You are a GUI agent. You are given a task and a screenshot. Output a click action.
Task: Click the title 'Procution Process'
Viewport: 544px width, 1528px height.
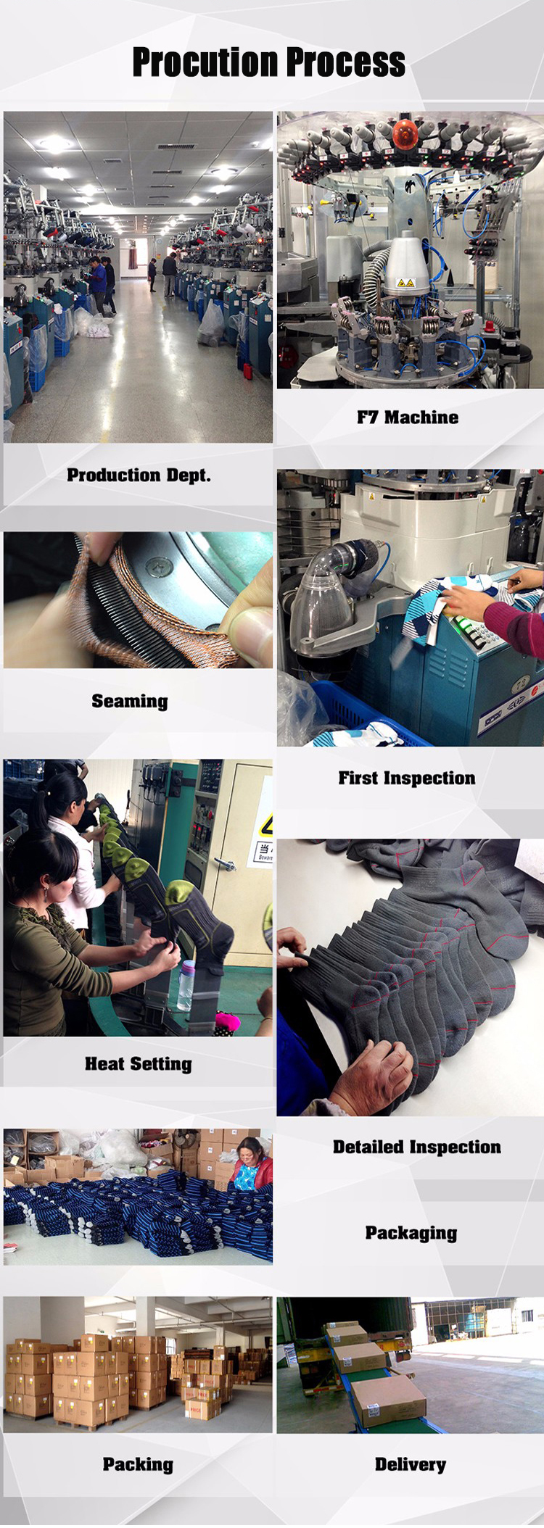click(x=268, y=62)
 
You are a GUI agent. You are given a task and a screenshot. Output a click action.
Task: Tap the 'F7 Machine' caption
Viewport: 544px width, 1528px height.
click(x=408, y=417)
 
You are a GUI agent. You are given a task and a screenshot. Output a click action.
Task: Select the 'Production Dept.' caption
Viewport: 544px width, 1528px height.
click(x=139, y=475)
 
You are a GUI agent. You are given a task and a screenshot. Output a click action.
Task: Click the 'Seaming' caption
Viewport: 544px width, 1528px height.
click(x=130, y=701)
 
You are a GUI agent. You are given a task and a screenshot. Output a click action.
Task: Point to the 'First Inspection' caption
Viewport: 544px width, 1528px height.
click(x=407, y=778)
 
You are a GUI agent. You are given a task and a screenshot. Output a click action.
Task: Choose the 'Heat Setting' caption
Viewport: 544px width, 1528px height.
click(x=139, y=1063)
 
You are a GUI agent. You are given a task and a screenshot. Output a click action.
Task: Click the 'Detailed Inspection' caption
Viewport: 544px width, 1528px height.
click(x=417, y=1147)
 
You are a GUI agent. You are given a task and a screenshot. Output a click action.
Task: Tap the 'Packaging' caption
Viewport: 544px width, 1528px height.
click(x=411, y=1233)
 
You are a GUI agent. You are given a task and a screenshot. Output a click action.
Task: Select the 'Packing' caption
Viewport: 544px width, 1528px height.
click(x=138, y=1464)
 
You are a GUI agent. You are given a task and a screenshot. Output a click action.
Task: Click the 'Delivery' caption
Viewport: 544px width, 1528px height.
click(x=411, y=1464)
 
